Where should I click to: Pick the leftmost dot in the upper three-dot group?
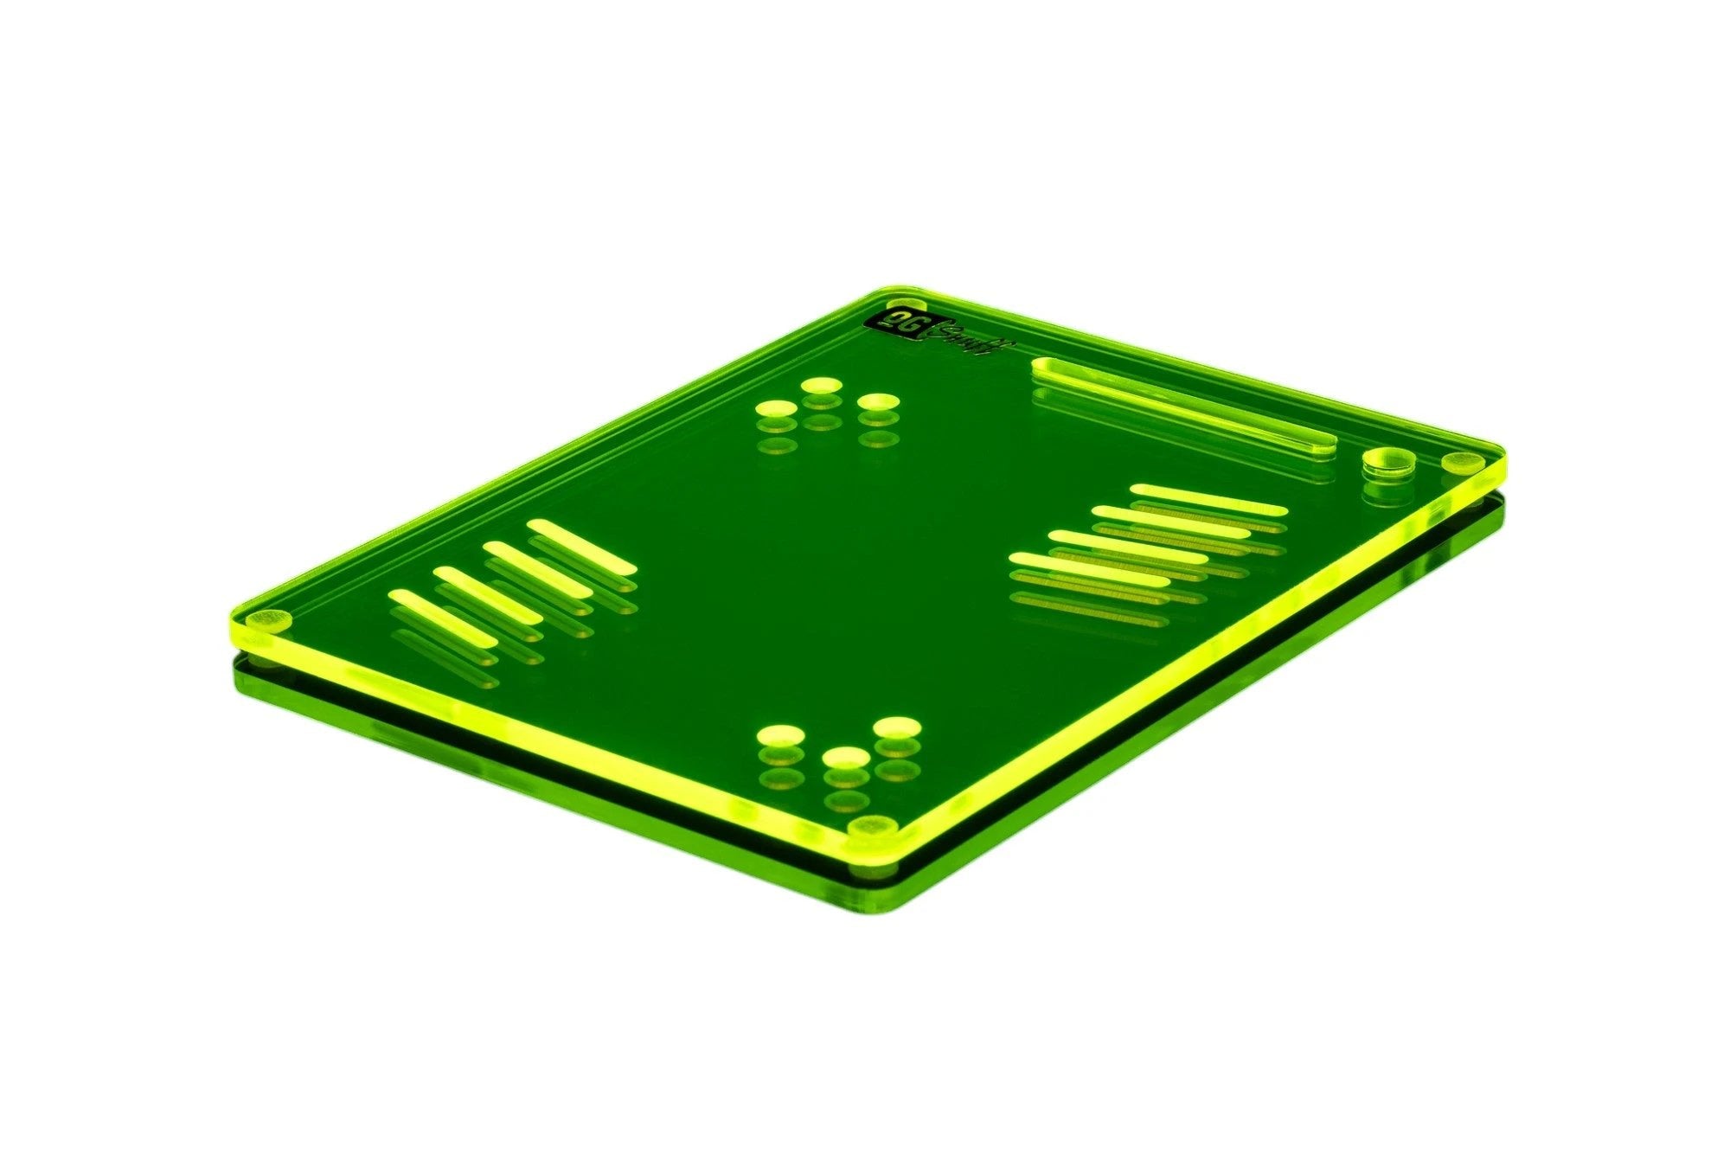click(x=776, y=408)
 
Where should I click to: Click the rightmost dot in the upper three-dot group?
click(x=877, y=402)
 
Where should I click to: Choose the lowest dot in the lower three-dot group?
click(x=846, y=759)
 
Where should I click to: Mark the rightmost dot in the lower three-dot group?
click(x=897, y=727)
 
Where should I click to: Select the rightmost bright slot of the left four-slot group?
click(x=581, y=545)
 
